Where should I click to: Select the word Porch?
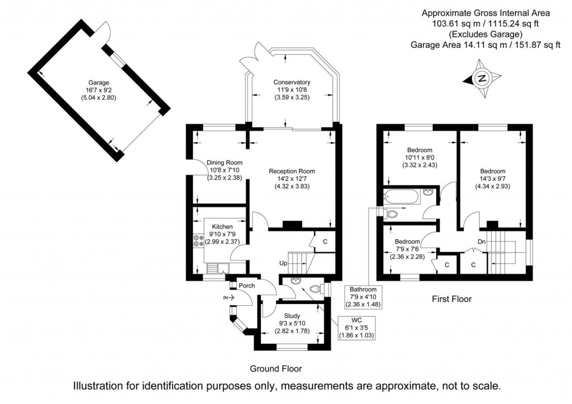246,286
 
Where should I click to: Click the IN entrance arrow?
228,298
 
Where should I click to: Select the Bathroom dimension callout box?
363,297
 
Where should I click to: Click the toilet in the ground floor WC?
316,289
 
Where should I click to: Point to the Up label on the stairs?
284,262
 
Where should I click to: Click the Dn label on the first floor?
481,242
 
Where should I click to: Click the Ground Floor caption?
275,368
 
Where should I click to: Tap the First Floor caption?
452,299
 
